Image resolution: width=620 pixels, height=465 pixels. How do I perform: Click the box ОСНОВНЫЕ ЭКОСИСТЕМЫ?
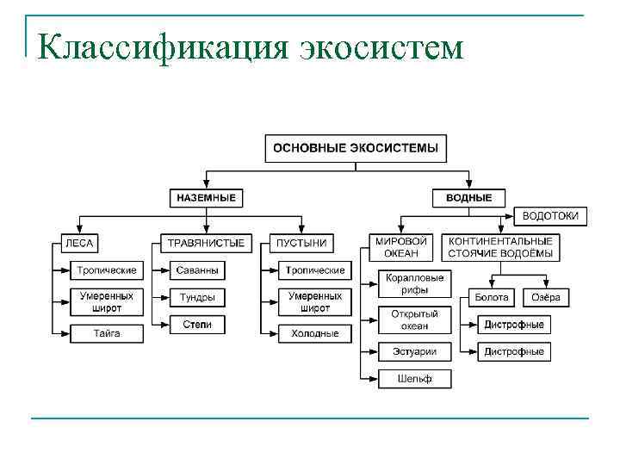pos(356,148)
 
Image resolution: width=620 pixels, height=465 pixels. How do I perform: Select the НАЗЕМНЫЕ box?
pos(206,198)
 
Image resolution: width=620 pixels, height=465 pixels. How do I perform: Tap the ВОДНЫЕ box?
pos(469,198)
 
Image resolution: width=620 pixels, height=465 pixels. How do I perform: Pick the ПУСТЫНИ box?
pos(302,243)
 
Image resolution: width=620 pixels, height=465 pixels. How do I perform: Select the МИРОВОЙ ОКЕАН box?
pos(402,247)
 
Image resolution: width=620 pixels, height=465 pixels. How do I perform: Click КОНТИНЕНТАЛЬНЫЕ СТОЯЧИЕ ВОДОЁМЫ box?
pos(500,247)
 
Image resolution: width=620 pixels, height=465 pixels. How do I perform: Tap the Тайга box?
pos(107,333)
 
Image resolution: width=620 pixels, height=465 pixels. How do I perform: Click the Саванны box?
pos(197,270)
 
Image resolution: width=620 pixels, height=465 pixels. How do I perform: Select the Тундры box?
pos(197,297)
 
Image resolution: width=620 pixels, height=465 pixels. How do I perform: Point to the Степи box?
pos(197,325)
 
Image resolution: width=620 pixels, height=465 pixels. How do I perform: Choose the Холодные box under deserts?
pos(315,333)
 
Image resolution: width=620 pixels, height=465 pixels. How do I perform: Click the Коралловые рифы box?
pos(414,284)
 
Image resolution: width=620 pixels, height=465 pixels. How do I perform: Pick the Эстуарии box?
pos(414,351)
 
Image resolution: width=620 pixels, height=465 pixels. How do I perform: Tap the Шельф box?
pos(414,378)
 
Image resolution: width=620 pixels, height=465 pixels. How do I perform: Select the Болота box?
pos(492,297)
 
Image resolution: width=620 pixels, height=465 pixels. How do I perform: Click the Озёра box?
pos(545,297)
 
